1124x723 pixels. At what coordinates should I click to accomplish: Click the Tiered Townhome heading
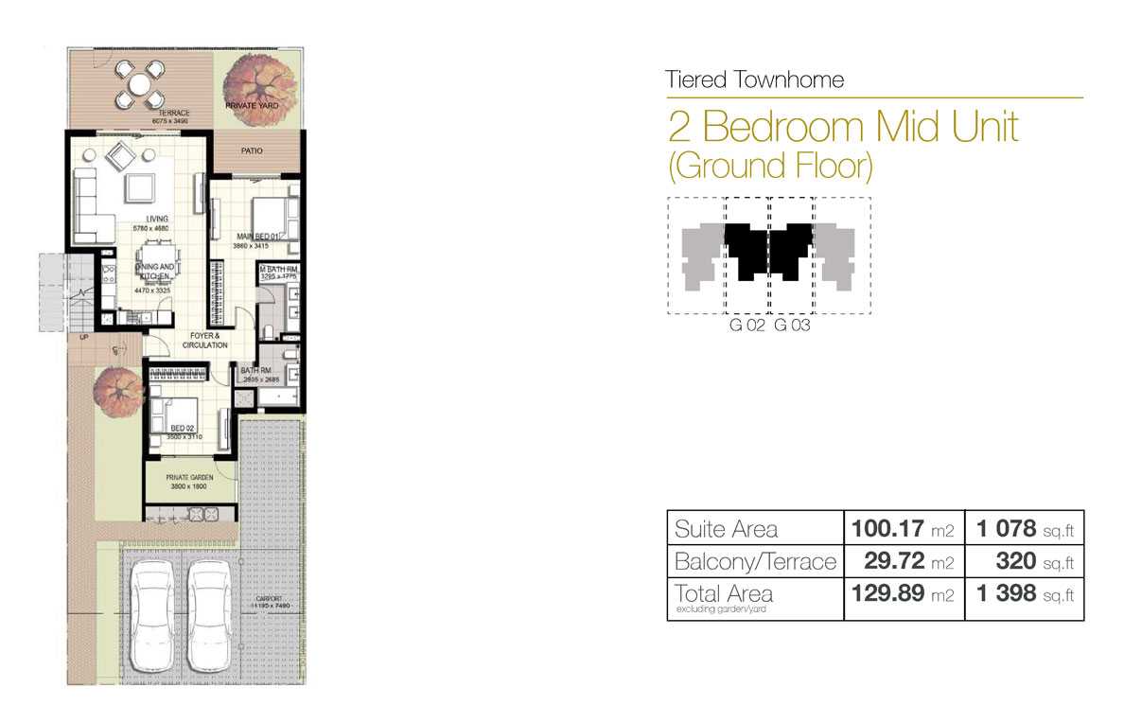(x=754, y=79)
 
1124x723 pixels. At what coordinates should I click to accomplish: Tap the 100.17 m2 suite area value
(x=903, y=528)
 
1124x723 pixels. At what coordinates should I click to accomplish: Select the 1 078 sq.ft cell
(x=1025, y=528)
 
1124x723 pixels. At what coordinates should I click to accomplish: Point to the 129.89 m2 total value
(x=903, y=595)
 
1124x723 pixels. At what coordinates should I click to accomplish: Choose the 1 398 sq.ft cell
(x=1025, y=595)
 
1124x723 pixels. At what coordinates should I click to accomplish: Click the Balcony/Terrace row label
(x=755, y=562)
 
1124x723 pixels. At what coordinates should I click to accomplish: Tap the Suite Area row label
(x=727, y=528)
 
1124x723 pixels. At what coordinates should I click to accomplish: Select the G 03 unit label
(x=792, y=326)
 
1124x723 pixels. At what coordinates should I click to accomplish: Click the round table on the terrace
(x=139, y=83)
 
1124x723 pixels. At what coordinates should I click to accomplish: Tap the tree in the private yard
(x=251, y=92)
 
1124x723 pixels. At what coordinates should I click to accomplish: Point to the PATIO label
(x=251, y=150)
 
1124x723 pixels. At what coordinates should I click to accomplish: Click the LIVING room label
(x=157, y=219)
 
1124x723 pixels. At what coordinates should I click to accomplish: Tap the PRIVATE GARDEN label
(x=189, y=478)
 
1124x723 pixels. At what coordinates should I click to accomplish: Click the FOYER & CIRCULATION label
(x=205, y=340)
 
